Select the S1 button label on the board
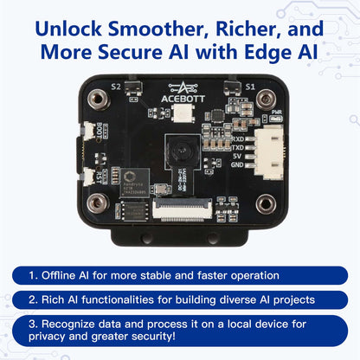tap(250, 87)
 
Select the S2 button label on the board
tap(116, 87)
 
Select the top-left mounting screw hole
tap(99, 100)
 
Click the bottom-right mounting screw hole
tap(267, 203)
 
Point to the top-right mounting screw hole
tap(267, 100)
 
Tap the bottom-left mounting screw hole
tap(99, 203)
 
